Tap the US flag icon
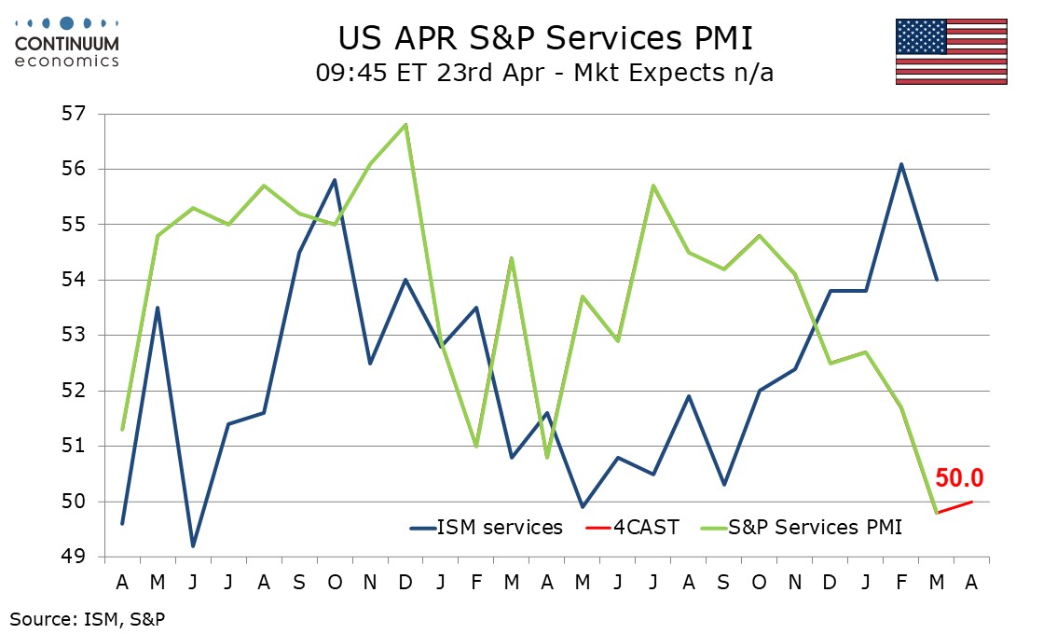pos(951,51)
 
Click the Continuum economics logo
pos(66,42)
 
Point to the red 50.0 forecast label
pos(960,478)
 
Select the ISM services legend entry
pos(487,528)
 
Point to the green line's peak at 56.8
pos(405,124)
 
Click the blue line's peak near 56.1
pos(901,164)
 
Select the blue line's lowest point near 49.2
pos(193,545)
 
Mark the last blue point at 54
pos(937,280)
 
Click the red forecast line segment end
pos(972,502)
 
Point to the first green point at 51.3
pos(122,430)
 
